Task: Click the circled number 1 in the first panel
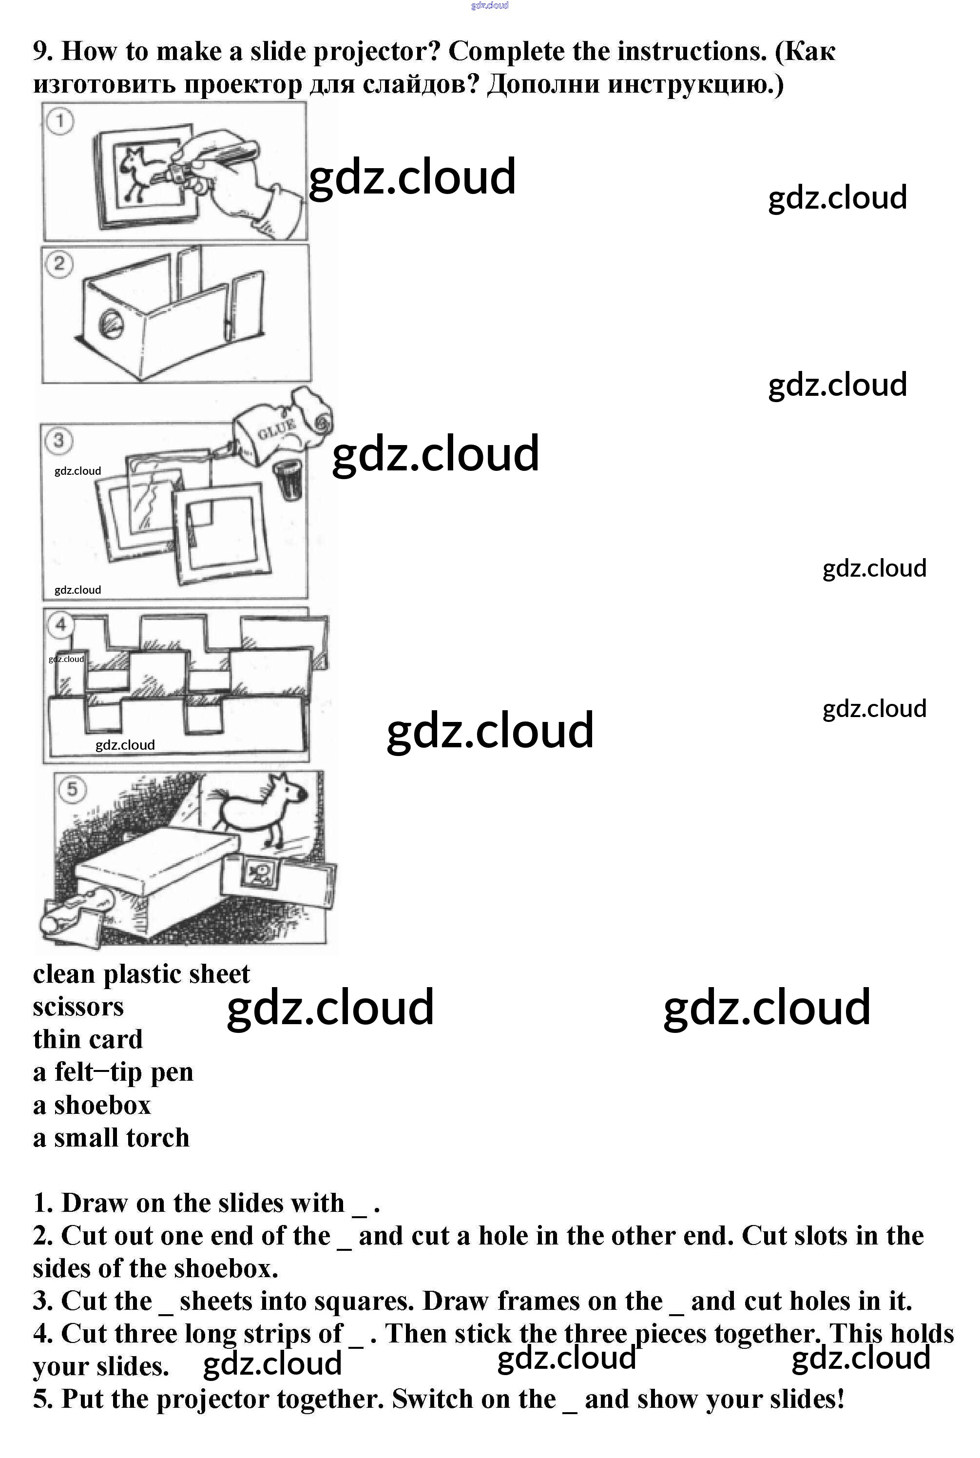tap(60, 121)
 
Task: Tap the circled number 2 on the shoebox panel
tap(59, 263)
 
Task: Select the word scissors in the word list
tap(78, 1007)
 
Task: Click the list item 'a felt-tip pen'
tap(113, 1071)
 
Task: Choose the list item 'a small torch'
tap(111, 1137)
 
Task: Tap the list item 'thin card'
tap(88, 1039)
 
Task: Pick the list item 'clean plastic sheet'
tap(141, 974)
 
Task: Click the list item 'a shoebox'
tap(92, 1105)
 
